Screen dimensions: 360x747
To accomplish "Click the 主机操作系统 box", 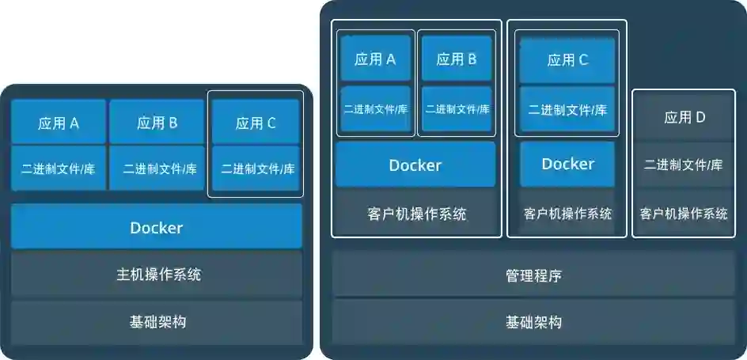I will pyautogui.click(x=157, y=275).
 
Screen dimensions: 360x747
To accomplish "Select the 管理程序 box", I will pyautogui.click(x=533, y=275).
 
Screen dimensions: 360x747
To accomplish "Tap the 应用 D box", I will pyautogui.click(x=684, y=118).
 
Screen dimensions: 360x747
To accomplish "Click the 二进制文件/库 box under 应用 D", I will pyautogui.click(x=684, y=165).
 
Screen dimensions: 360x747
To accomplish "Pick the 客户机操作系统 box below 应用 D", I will pyautogui.click(x=684, y=214).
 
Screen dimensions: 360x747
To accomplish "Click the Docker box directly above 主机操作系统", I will pyautogui.click(x=157, y=228).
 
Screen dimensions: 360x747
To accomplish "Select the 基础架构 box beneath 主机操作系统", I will pyautogui.click(x=157, y=322).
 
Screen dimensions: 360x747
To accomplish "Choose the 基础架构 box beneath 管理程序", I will pyautogui.click(x=533, y=322).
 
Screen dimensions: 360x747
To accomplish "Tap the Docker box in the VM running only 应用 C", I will pyautogui.click(x=567, y=164).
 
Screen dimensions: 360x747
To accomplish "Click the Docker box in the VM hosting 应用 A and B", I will pyautogui.click(x=415, y=165).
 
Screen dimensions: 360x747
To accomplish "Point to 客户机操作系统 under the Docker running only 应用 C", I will pyautogui.click(x=567, y=214).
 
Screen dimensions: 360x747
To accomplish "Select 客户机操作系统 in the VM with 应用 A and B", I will pyautogui.click(x=416, y=214).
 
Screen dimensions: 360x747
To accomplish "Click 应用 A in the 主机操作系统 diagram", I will pyautogui.click(x=59, y=123).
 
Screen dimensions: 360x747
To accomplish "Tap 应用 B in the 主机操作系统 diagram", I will pyautogui.click(x=157, y=123).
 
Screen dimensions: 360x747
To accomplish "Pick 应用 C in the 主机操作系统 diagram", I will pyautogui.click(x=256, y=123).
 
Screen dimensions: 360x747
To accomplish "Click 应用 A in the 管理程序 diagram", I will pyautogui.click(x=375, y=59).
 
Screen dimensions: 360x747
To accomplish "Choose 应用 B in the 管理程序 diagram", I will pyautogui.click(x=457, y=59).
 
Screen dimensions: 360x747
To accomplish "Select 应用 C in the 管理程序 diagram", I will pyautogui.click(x=567, y=59).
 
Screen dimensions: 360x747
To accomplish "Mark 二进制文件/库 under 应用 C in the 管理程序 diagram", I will pyautogui.click(x=567, y=110).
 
